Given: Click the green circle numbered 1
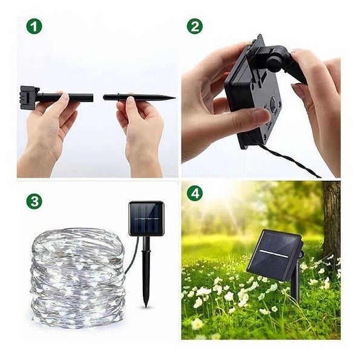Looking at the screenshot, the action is coord(34,27).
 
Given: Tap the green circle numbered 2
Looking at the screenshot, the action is coord(195,27).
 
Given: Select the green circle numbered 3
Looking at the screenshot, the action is coord(34,201).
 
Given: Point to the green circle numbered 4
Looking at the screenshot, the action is coord(195,193).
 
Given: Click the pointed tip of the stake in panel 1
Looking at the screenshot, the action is coord(175,98).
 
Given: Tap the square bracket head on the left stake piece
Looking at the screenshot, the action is coord(28,97).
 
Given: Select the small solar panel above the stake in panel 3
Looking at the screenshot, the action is coord(146,218).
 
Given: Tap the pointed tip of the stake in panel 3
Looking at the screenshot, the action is coord(146,306).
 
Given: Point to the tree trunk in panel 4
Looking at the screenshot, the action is coord(332,222).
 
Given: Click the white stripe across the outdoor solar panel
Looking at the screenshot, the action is coord(274,255).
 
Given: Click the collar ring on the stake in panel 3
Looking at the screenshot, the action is coord(146,251).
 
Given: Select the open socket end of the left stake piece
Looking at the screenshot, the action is coord(92,97).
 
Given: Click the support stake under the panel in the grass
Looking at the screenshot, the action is coord(295,284).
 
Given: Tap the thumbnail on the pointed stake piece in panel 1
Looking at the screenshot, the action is coord(131,99).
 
